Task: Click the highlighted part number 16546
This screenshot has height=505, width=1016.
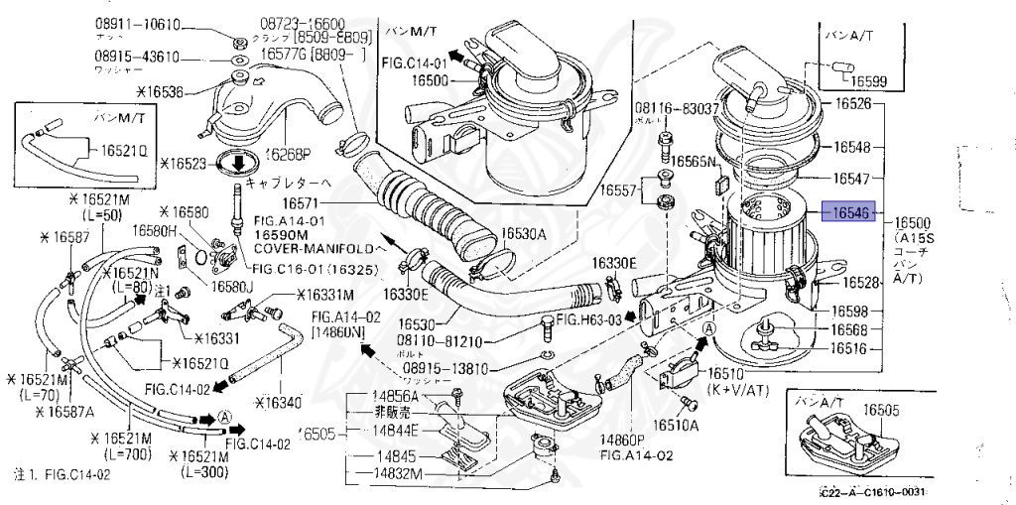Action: point(850,211)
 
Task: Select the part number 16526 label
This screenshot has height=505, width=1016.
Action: point(851,103)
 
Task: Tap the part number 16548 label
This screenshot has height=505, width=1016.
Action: point(851,147)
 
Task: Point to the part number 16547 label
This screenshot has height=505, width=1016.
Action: point(851,180)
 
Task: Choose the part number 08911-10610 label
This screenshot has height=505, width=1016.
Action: point(138,23)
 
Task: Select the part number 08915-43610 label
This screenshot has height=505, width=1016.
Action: point(138,57)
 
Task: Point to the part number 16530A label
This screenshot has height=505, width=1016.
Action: point(524,234)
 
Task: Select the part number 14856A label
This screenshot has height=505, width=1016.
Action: point(396,396)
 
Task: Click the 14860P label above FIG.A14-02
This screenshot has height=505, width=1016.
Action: point(623,440)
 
